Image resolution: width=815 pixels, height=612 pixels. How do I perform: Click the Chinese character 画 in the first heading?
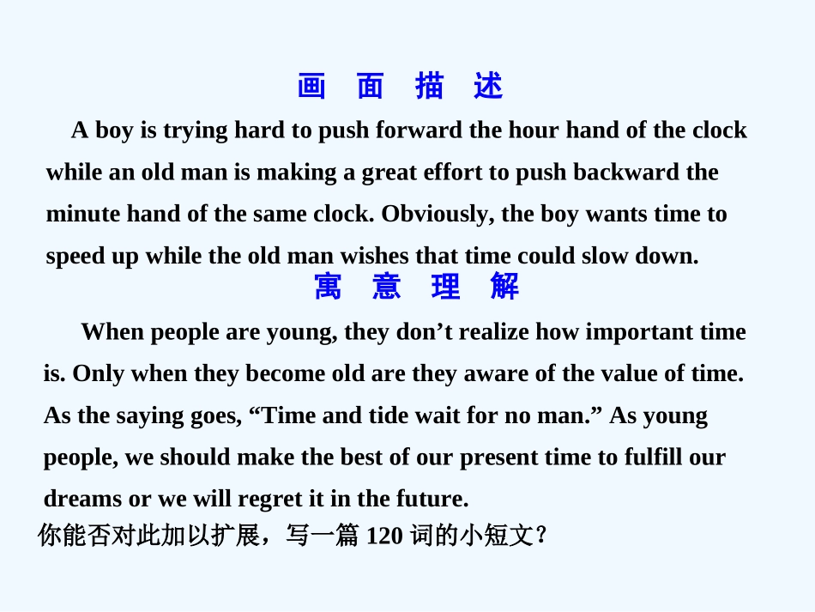click(x=312, y=87)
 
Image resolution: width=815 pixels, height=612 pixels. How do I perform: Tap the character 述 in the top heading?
click(x=488, y=87)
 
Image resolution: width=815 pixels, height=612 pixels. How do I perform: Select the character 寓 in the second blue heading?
click(x=329, y=287)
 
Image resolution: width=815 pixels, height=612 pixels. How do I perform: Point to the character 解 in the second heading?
click(x=504, y=287)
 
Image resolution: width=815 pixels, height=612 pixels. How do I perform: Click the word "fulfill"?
click(x=654, y=457)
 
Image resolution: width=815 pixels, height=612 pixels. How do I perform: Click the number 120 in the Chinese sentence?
click(x=385, y=536)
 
